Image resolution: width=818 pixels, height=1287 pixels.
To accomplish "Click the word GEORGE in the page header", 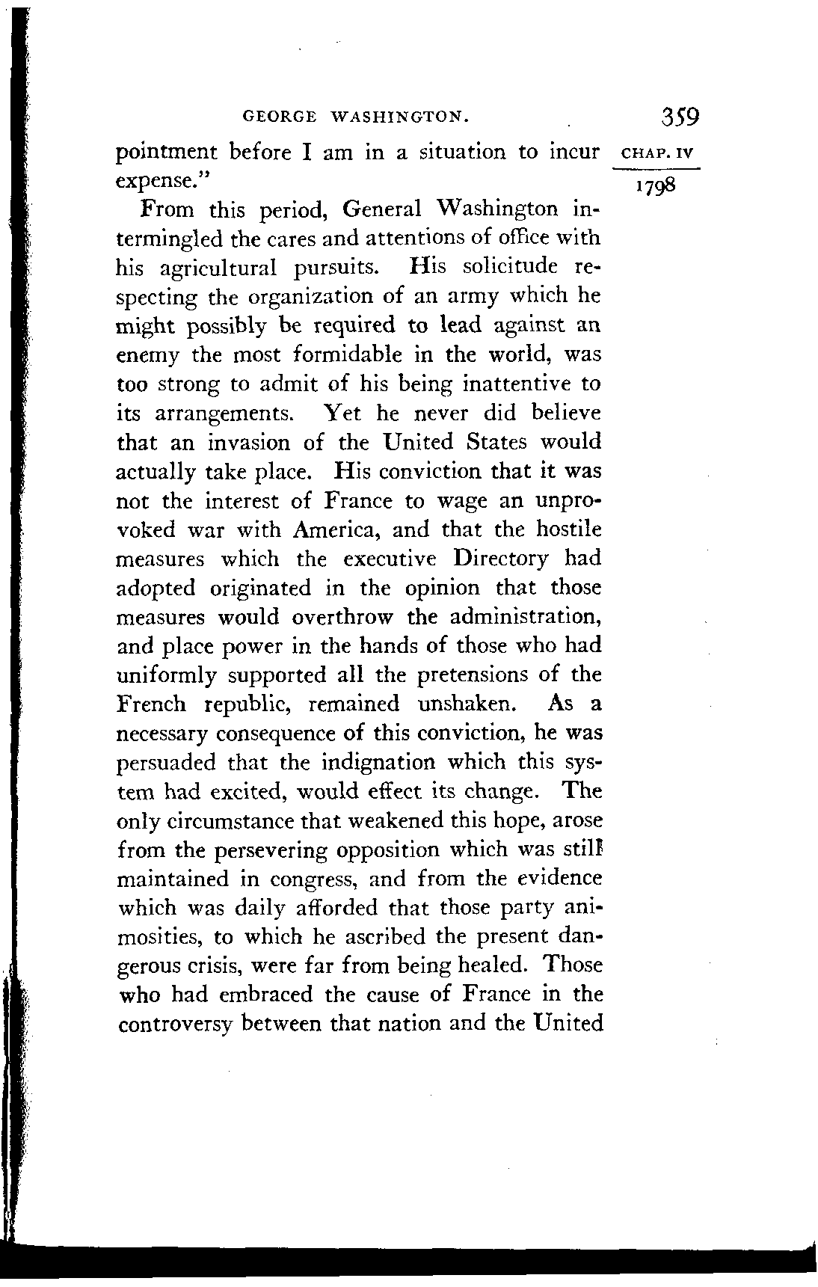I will [275, 117].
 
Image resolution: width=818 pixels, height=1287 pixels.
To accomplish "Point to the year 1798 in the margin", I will [655, 185].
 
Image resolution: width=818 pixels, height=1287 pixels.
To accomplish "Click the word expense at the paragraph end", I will [161, 182].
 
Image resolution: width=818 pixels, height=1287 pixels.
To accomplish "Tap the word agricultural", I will [219, 268].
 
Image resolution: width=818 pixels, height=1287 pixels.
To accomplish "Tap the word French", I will [153, 704].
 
